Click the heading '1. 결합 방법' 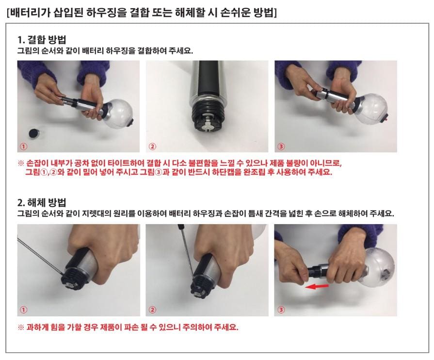coord(42,40)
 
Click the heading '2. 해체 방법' coord(42,202)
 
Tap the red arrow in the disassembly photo coord(317,287)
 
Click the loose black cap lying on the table coord(34,133)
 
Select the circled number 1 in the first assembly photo coord(23,146)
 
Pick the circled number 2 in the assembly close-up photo coord(152,146)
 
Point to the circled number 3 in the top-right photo coord(281,146)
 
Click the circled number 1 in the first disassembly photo coord(24,310)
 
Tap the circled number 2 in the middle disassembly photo coord(152,310)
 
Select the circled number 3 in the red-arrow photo coord(281,310)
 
